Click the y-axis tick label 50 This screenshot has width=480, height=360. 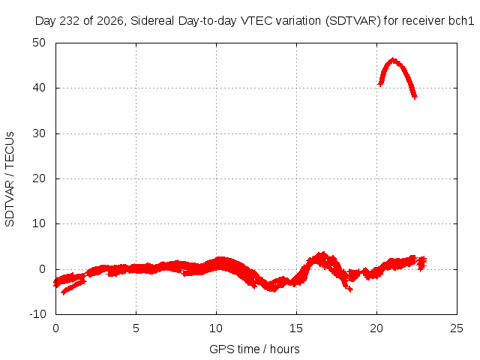click(x=39, y=43)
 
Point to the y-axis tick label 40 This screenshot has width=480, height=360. click(x=39, y=88)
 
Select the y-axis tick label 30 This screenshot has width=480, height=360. click(x=39, y=133)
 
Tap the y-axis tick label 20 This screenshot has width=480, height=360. click(x=39, y=178)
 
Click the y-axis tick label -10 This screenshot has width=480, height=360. click(x=37, y=314)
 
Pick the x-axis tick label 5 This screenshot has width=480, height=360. click(x=136, y=328)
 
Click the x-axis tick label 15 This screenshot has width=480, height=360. click(x=296, y=328)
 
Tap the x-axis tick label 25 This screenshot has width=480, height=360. click(x=457, y=328)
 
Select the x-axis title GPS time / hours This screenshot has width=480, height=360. click(x=254, y=349)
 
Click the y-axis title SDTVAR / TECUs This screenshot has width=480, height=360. click(x=10, y=179)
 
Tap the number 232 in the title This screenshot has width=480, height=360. click(x=70, y=21)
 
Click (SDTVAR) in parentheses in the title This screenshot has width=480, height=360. click(x=353, y=21)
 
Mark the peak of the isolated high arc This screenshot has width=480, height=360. click(x=393, y=59)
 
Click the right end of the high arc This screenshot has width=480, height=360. click(x=415, y=97)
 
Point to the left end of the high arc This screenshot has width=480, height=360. click(x=380, y=83)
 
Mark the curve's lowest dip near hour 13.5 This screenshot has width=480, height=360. click(x=271, y=289)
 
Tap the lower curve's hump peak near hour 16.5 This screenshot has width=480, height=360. click(x=322, y=253)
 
